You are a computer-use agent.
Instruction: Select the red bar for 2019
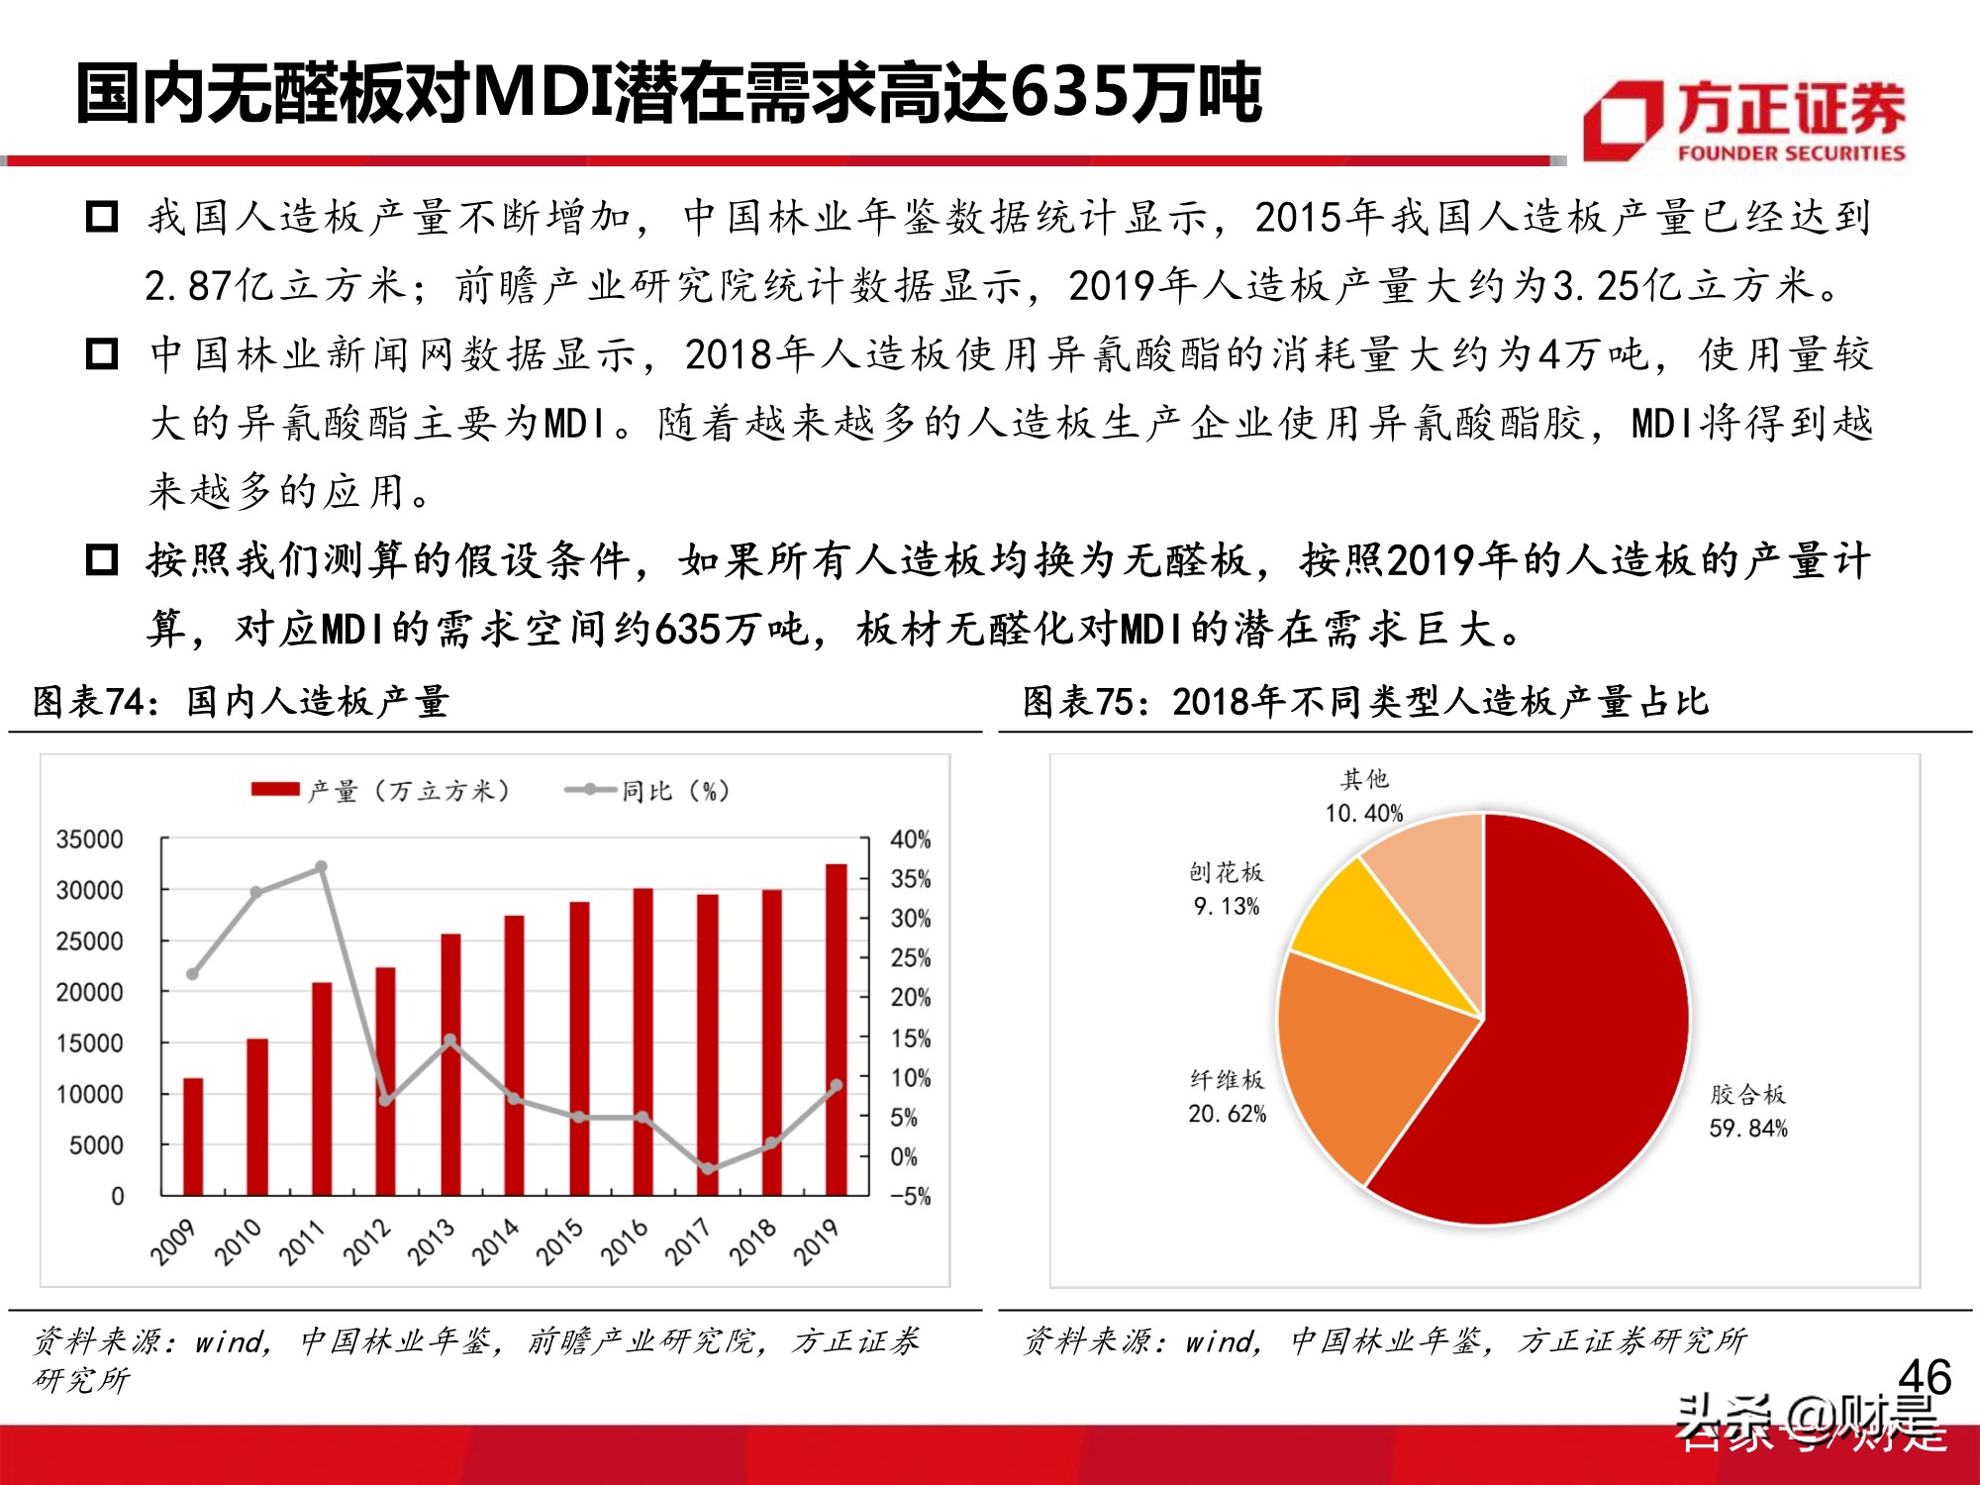pyautogui.click(x=837, y=1030)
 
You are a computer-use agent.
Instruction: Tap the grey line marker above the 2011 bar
pyautogui.click(x=321, y=867)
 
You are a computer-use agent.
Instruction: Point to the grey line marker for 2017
pyautogui.click(x=708, y=1168)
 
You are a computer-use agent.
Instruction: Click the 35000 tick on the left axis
pyautogui.click(x=89, y=840)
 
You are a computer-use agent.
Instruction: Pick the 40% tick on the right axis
pyautogui.click(x=910, y=840)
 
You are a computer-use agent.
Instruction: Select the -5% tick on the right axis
pyautogui.click(x=910, y=1196)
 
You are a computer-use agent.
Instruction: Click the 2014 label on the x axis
pyautogui.click(x=495, y=1241)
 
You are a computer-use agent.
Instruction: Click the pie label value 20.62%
pyautogui.click(x=1227, y=1114)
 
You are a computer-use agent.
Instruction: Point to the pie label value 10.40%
pyautogui.click(x=1363, y=814)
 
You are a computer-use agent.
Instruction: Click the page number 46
pyautogui.click(x=1924, y=1377)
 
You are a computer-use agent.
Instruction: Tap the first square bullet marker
pyautogui.click(x=102, y=216)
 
